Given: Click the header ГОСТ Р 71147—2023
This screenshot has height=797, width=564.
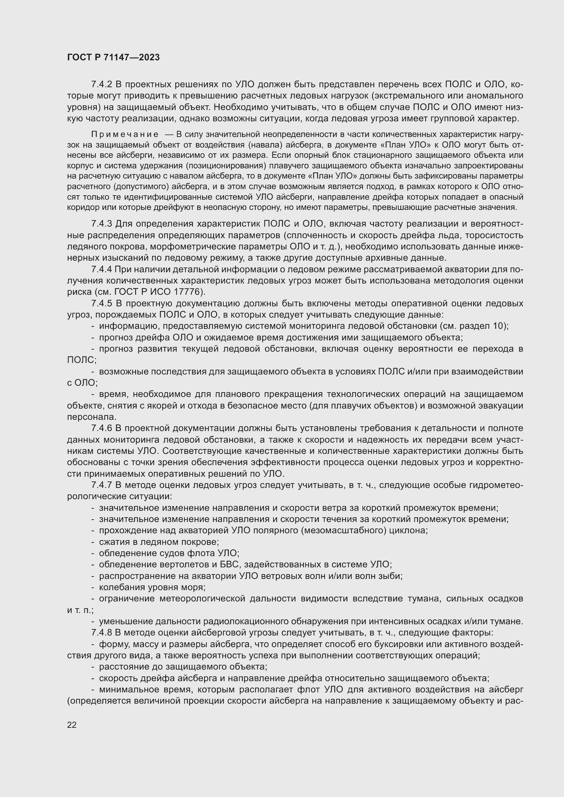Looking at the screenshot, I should click(113, 58).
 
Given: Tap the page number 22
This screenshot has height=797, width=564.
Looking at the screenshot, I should click(72, 724).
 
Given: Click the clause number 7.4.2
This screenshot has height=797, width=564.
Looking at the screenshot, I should click(101, 85).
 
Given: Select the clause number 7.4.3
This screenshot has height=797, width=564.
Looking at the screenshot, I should click(101, 224).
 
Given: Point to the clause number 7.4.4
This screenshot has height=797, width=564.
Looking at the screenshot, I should click(101, 270).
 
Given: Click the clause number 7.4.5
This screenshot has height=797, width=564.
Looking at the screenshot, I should click(101, 303).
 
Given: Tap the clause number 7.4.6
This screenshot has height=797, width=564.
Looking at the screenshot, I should click(101, 428).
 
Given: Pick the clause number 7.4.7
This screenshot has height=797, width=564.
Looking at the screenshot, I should click(101, 485).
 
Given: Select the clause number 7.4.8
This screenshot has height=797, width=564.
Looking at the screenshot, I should click(101, 633).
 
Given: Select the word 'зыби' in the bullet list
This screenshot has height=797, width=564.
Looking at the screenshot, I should click(391, 576).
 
